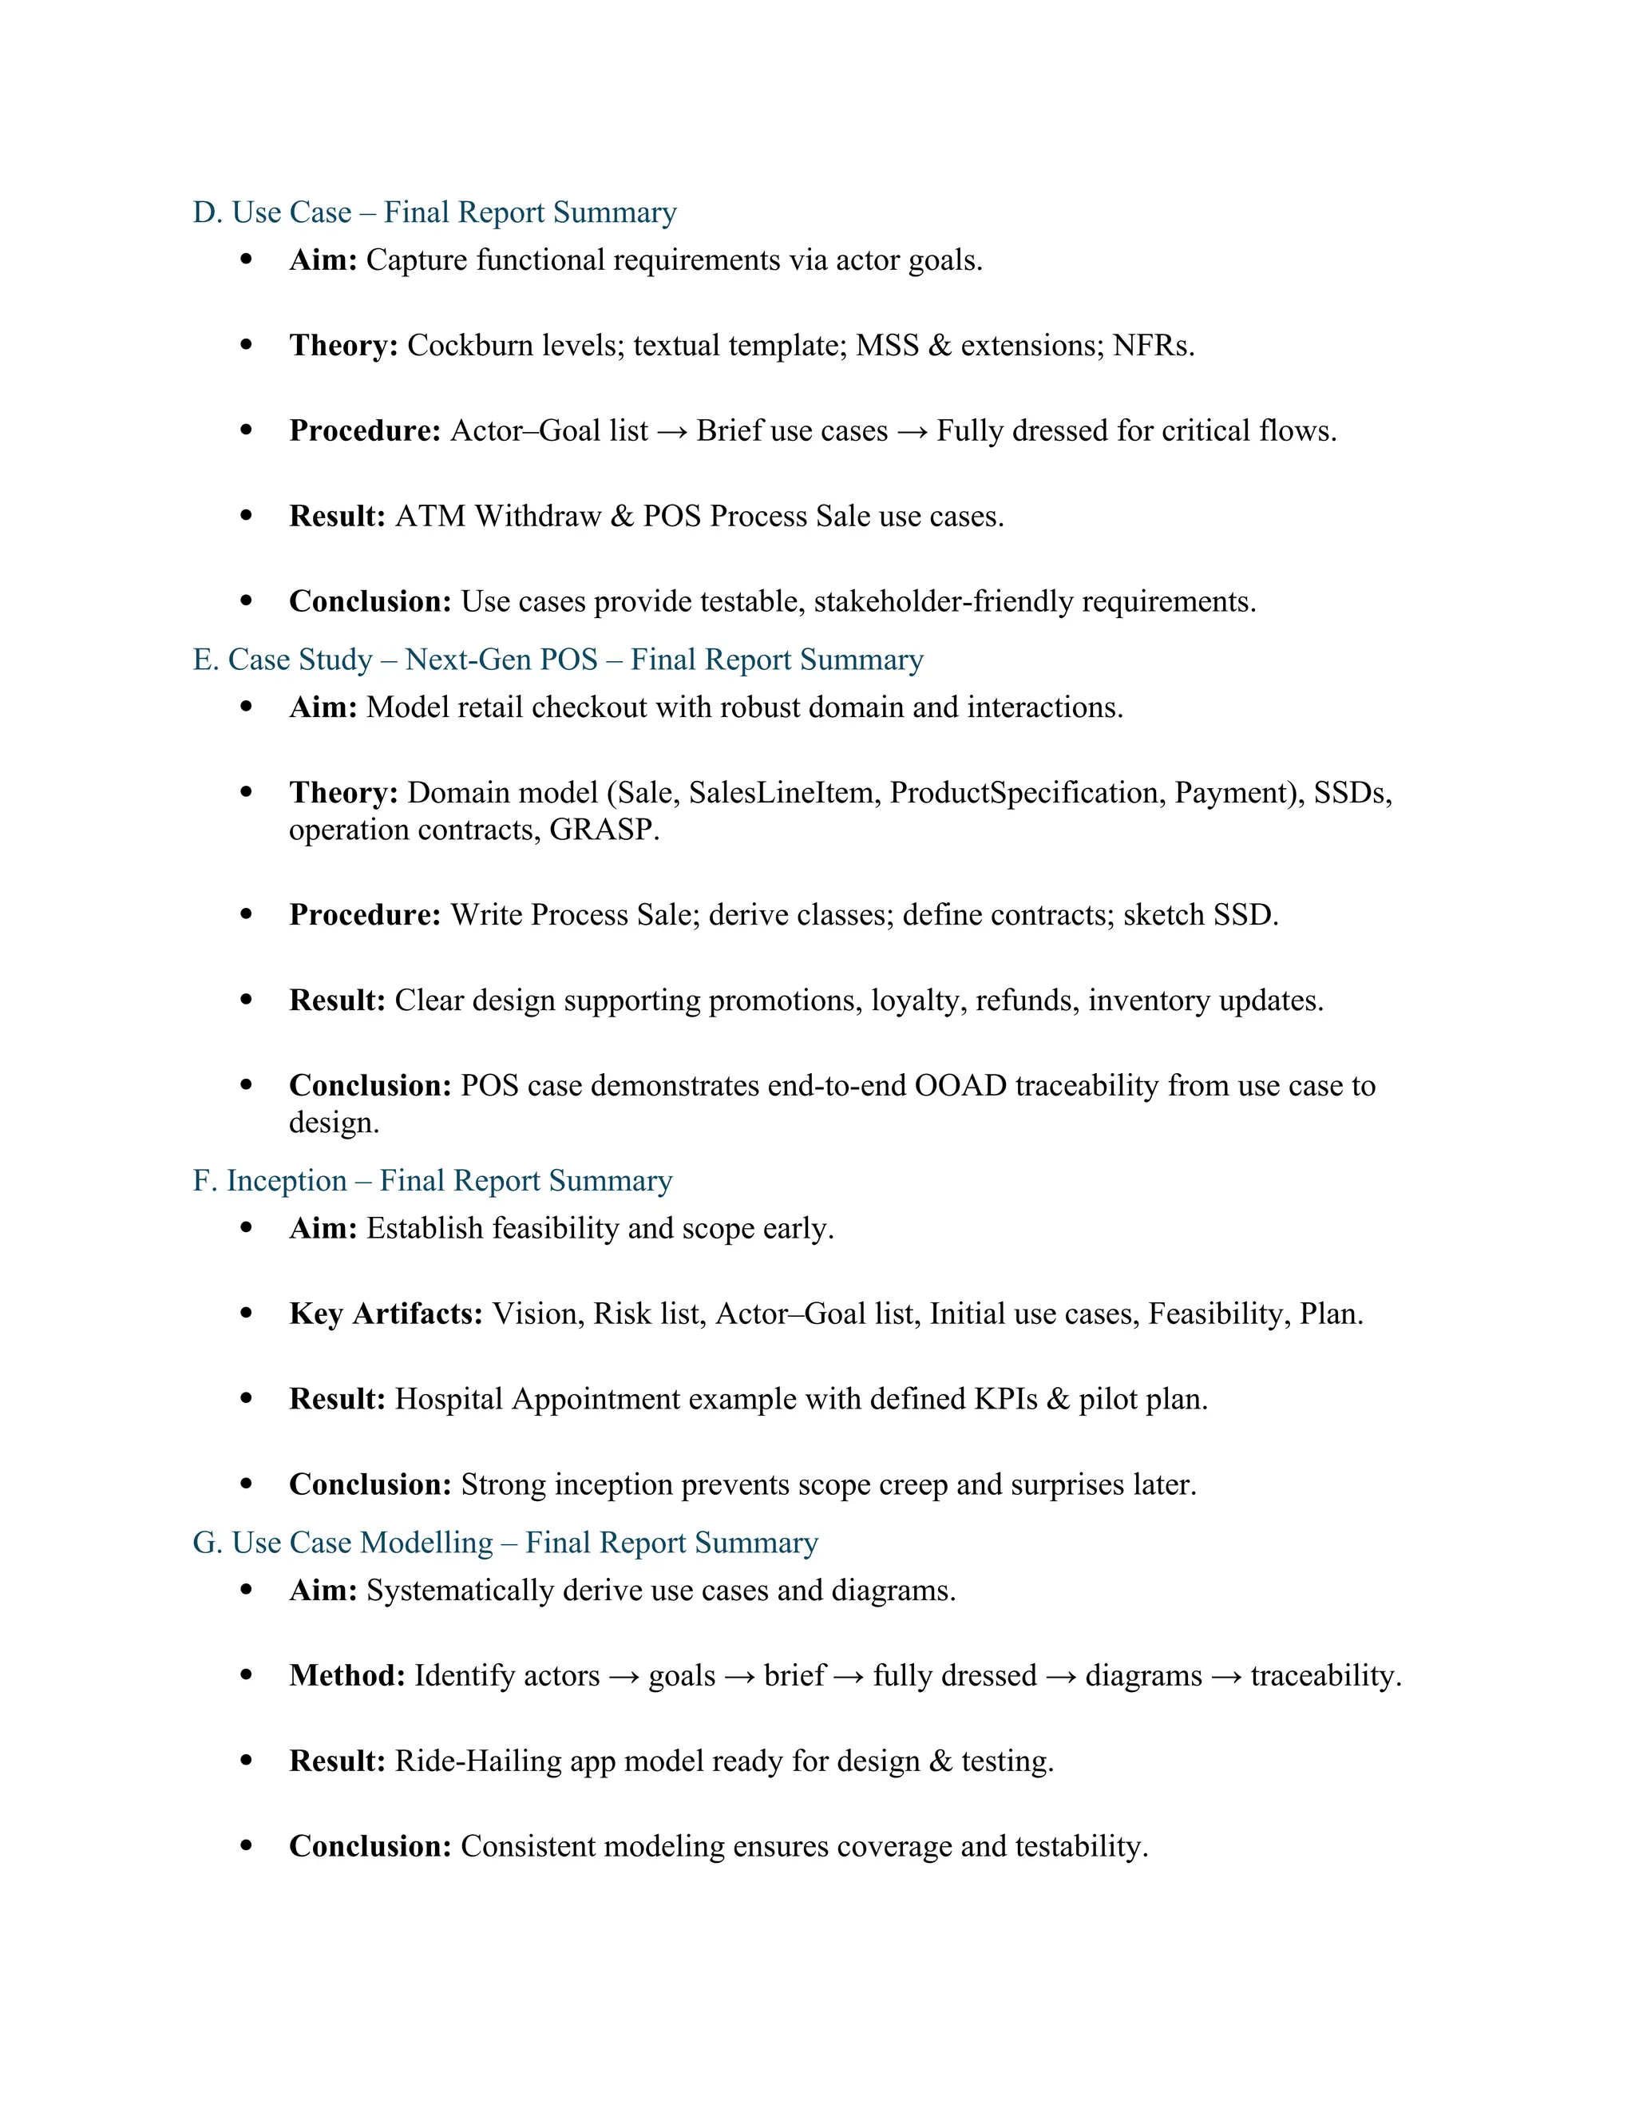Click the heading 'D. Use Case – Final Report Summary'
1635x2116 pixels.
pyautogui.click(x=434, y=212)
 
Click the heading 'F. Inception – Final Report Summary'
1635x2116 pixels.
pyautogui.click(x=432, y=1181)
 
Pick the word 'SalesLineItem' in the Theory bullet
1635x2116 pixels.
pyautogui.click(x=781, y=794)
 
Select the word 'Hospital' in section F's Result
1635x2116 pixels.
pyautogui.click(x=449, y=1400)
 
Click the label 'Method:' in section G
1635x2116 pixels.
pyautogui.click(x=346, y=1676)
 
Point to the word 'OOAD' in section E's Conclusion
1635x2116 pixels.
pyautogui.click(x=961, y=1086)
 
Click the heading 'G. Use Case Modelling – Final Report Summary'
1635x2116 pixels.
pyautogui.click(x=505, y=1543)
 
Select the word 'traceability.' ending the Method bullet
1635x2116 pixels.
pyautogui.click(x=1325, y=1676)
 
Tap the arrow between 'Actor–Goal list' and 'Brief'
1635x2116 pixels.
pyautogui.click(x=671, y=432)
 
